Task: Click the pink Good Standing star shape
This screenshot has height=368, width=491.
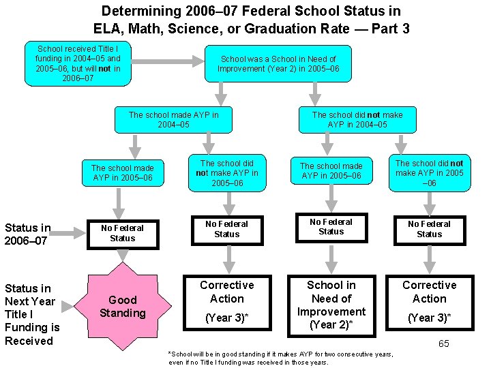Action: point(123,307)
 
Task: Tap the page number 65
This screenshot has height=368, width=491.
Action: point(443,343)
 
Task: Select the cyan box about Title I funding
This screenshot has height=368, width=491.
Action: point(78,64)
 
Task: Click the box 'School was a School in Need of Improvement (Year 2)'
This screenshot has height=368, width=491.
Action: point(278,64)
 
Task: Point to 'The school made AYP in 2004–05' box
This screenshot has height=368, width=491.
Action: point(174,120)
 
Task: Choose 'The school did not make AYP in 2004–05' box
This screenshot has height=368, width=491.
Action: point(357,120)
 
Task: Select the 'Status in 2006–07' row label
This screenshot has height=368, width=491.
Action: point(28,234)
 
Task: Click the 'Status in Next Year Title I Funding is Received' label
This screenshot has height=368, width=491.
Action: point(32,314)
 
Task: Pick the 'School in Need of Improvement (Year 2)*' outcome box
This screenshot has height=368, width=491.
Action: point(331,305)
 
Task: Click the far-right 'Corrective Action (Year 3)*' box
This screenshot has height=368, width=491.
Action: point(429,301)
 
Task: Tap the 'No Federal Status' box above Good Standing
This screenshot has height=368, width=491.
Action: point(123,233)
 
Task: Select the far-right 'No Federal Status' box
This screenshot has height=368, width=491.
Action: point(429,229)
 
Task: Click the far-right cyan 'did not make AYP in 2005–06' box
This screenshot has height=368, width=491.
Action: point(429,173)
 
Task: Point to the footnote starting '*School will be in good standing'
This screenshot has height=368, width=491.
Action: point(281,358)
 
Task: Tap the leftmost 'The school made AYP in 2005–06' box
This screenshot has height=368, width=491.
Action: point(123,173)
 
